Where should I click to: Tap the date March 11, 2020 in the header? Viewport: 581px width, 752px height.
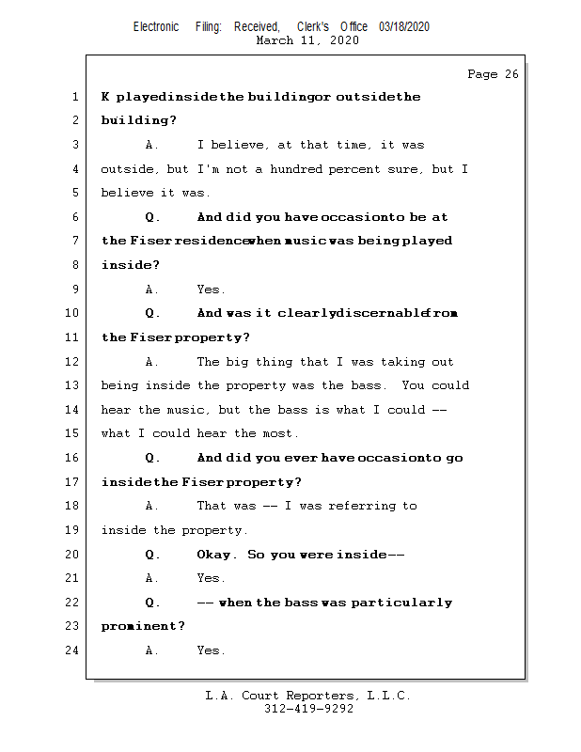coord(306,40)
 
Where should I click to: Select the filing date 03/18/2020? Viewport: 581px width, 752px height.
coord(404,26)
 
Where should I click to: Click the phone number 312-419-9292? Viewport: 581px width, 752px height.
coord(308,709)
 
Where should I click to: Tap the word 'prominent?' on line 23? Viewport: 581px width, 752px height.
coord(143,626)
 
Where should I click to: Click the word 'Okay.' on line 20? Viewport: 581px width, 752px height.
coord(217,555)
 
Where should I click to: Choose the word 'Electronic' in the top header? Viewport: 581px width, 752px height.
coord(156,26)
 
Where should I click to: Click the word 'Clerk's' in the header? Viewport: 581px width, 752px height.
coord(312,26)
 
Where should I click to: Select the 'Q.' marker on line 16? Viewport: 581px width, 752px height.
coord(153,458)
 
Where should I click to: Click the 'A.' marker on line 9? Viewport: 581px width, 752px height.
coord(152,290)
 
